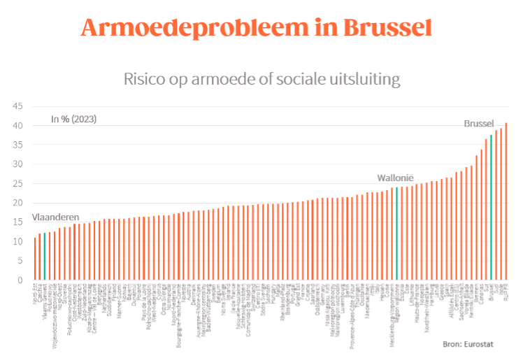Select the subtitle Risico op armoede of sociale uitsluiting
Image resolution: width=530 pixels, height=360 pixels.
pyautogui.click(x=262, y=78)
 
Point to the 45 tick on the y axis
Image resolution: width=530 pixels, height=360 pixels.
pyautogui.click(x=17, y=106)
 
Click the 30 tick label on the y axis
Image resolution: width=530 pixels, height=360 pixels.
pyautogui.click(x=17, y=164)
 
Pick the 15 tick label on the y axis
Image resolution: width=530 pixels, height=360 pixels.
pyautogui.click(x=17, y=222)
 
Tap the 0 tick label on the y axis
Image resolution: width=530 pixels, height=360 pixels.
pyautogui.click(x=20, y=280)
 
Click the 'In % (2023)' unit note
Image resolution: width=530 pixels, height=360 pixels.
pyautogui.click(x=73, y=119)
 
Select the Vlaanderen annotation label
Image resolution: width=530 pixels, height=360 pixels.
pyautogui.click(x=55, y=217)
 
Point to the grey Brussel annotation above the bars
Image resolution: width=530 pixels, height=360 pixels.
pyautogui.click(x=479, y=124)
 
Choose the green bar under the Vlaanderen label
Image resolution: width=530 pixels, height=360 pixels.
pyautogui.click(x=45, y=256)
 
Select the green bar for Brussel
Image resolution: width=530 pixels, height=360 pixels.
pyautogui.click(x=491, y=208)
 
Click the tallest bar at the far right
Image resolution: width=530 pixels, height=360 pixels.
pyautogui.click(x=506, y=201)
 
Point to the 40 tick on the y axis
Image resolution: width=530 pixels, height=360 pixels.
pyautogui.click(x=17, y=126)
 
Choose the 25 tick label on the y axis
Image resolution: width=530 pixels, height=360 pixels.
pyautogui.click(x=17, y=184)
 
